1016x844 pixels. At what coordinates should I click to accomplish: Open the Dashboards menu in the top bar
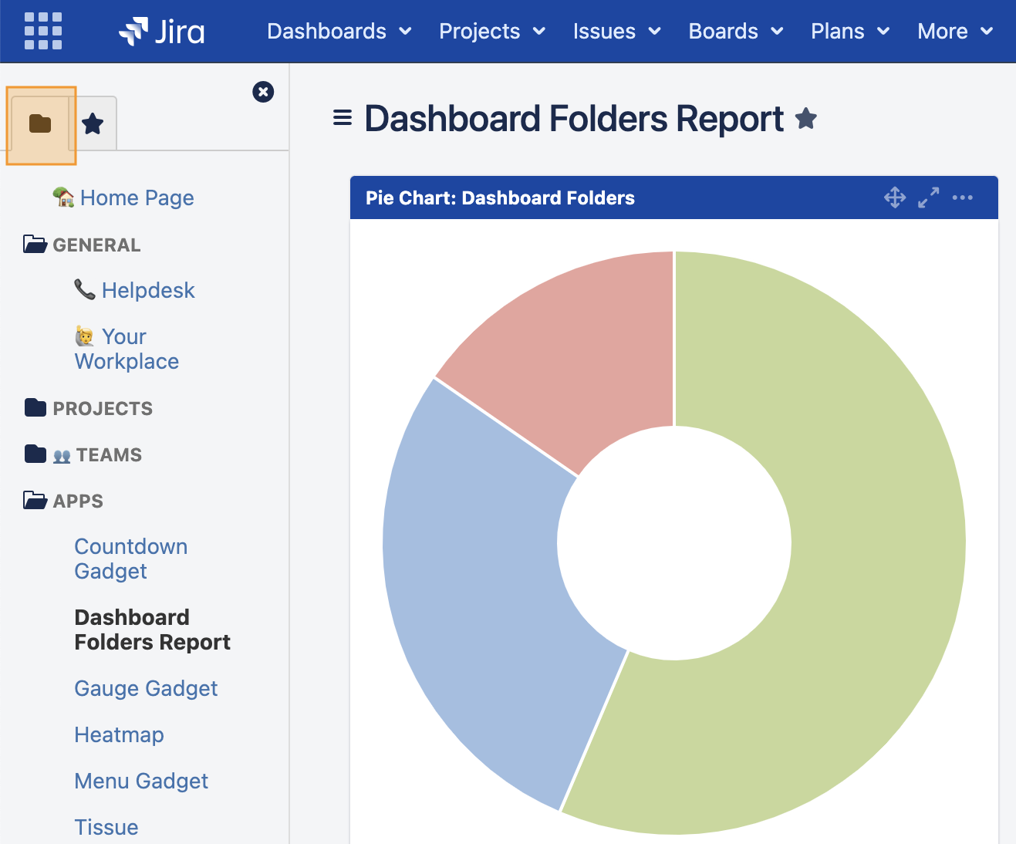click(x=339, y=32)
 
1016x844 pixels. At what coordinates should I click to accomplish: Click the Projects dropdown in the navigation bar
click(x=491, y=32)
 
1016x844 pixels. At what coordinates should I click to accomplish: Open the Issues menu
click(x=616, y=32)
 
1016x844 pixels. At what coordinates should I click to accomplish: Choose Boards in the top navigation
click(x=735, y=32)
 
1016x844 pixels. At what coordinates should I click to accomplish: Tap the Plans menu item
click(x=849, y=32)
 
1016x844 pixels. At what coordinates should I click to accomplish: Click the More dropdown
click(x=954, y=32)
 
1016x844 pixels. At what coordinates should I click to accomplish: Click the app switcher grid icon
click(x=43, y=31)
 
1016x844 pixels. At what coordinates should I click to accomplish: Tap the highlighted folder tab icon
click(x=40, y=123)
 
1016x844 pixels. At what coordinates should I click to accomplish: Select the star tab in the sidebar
click(x=93, y=123)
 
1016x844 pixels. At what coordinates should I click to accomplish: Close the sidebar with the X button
click(x=263, y=92)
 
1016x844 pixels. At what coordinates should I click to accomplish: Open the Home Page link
click(x=137, y=198)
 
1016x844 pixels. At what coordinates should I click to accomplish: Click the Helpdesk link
click(x=148, y=291)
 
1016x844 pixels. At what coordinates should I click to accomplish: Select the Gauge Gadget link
click(x=146, y=689)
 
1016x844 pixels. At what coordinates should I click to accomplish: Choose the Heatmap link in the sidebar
click(x=119, y=735)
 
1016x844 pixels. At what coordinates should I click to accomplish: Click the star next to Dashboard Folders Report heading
click(x=806, y=119)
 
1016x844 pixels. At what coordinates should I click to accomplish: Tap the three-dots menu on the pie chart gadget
click(x=962, y=197)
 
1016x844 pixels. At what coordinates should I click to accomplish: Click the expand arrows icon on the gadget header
click(x=928, y=197)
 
